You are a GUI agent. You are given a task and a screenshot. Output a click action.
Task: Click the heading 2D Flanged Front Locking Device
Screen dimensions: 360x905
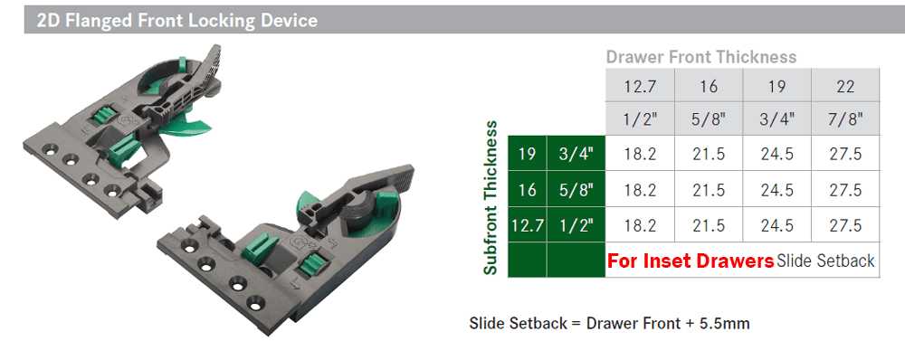pos(177,20)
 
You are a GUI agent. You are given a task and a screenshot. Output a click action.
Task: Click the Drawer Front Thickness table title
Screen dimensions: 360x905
pos(701,57)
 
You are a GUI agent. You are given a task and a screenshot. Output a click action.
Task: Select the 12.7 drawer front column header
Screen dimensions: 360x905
pos(640,86)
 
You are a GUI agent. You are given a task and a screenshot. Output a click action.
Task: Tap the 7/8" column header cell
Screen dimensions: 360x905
pos(845,119)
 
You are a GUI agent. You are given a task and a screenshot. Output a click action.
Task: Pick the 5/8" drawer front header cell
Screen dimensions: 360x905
pos(709,119)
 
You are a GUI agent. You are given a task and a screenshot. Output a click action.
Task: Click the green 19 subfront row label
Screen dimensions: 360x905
pos(526,155)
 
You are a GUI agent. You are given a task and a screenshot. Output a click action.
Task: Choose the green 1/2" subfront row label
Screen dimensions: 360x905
pos(576,225)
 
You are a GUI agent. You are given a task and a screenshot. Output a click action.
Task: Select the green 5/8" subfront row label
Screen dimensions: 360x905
pos(576,190)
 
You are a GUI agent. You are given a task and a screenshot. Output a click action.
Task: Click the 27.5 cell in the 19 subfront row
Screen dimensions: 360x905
pos(845,155)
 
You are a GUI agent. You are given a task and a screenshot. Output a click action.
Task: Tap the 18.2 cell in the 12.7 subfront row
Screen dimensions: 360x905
pos(640,225)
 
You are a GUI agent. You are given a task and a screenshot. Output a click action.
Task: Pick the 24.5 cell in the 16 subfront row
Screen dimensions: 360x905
pos(777,190)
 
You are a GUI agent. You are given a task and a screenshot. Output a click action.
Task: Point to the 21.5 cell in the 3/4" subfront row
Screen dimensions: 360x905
pos(709,155)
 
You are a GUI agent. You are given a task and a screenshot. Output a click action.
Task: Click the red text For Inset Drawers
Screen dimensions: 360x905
pos(691,261)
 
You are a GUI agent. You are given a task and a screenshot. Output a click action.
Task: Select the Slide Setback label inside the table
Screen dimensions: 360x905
pos(825,261)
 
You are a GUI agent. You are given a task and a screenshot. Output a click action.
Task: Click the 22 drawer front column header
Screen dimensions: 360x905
pos(845,86)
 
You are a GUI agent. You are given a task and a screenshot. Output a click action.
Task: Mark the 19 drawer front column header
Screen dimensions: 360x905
pos(777,86)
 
